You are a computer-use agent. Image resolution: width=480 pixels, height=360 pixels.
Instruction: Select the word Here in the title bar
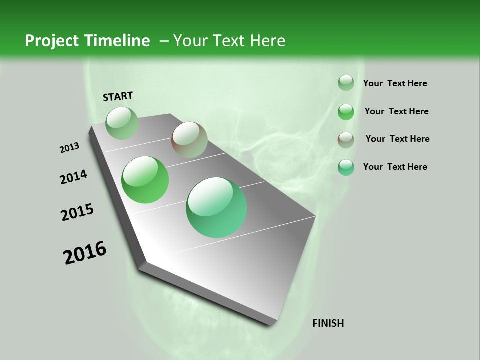click(267, 41)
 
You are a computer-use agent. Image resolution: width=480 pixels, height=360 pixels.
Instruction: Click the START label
click(118, 96)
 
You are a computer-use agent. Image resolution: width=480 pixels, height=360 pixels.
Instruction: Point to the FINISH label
click(328, 323)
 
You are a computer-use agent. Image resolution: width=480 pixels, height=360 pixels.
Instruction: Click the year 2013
click(70, 148)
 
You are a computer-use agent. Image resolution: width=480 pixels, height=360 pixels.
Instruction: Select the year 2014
click(74, 177)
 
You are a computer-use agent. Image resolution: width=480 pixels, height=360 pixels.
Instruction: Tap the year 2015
click(77, 213)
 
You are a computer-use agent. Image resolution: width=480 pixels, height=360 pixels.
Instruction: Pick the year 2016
click(85, 253)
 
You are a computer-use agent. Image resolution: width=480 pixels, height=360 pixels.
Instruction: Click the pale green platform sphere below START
click(122, 123)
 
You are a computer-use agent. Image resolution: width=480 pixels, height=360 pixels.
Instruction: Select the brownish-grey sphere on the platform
click(189, 140)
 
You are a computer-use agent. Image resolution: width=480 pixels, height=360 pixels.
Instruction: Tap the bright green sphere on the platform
click(145, 180)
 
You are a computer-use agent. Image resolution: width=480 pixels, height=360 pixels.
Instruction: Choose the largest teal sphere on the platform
click(216, 207)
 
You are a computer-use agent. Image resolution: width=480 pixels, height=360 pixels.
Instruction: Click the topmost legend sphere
click(346, 83)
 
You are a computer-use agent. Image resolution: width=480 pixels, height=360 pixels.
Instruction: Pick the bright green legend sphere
click(346, 111)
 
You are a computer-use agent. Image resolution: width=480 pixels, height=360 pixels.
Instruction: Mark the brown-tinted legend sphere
click(346, 139)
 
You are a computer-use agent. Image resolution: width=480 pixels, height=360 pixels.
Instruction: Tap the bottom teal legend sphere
click(346, 167)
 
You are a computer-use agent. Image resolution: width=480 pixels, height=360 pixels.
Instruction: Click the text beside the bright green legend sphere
click(396, 111)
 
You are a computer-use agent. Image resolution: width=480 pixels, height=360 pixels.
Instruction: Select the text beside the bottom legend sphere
click(395, 167)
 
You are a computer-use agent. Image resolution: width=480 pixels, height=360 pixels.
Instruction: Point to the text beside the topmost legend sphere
click(395, 83)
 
